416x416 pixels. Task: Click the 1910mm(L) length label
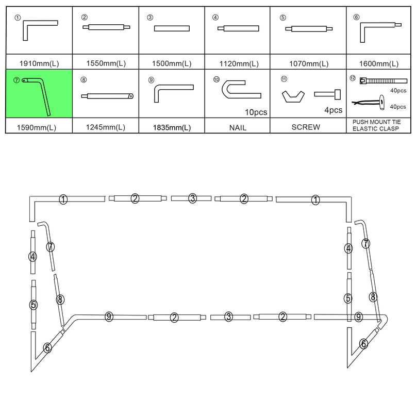(x=39, y=64)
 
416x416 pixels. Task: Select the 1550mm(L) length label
(x=106, y=64)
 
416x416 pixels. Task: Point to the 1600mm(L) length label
(x=378, y=64)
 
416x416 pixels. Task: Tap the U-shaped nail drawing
(x=240, y=90)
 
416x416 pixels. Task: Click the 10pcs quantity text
(x=256, y=112)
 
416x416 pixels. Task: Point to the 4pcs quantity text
(x=332, y=110)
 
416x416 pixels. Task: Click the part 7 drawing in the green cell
(x=40, y=94)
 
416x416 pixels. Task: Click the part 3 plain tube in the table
(x=172, y=28)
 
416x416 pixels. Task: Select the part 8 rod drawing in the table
(x=108, y=95)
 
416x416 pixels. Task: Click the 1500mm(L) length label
(x=172, y=64)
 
